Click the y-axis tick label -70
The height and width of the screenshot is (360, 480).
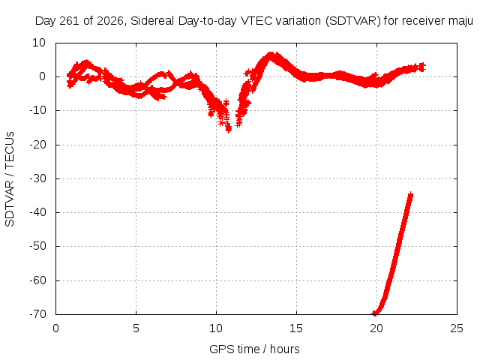pos(38,314)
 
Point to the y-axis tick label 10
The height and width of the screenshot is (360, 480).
pos(39,43)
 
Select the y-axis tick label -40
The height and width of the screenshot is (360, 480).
pos(38,212)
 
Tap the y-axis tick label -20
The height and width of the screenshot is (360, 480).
pos(38,145)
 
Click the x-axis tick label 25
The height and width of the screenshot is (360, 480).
pos(457,328)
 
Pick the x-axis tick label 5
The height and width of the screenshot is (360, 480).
pos(136,328)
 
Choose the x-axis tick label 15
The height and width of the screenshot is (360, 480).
pos(296,328)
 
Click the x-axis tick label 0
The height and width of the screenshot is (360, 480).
pos(55,328)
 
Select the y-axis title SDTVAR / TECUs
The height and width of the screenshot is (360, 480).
pos(10,179)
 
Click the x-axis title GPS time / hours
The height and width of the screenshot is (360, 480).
pos(254,349)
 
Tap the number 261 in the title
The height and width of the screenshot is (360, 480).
pos(70,21)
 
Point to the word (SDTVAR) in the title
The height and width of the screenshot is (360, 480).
pos(352,21)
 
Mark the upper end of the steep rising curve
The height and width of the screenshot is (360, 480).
pos(410,195)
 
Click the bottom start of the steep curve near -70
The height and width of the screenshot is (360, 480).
pos(374,313)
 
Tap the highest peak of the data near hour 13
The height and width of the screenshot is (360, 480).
pos(271,55)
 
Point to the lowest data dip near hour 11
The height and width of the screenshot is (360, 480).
pos(229,129)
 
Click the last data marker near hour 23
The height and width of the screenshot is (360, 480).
pos(422,67)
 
